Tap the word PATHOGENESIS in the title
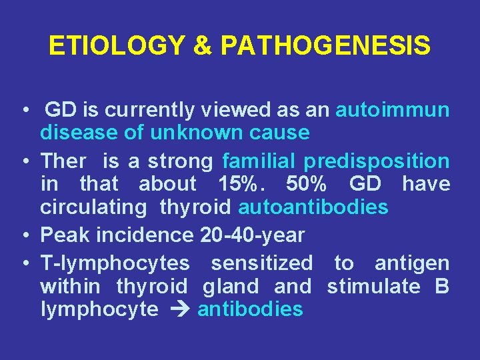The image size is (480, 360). [x=325, y=47]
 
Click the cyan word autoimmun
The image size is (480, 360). [x=392, y=110]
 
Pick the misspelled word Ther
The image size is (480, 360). [x=63, y=161]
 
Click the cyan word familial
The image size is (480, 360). [x=259, y=161]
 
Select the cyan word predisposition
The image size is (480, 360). [x=377, y=161]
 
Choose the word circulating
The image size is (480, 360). [x=93, y=207]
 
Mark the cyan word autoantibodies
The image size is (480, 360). [x=313, y=207]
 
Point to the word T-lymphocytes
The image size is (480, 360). [x=115, y=263]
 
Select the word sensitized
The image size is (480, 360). [x=261, y=263]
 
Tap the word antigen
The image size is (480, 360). [x=412, y=263]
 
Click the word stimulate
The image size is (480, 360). [x=374, y=287]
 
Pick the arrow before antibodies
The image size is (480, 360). [x=179, y=310]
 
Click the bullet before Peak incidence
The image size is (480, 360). [x=24, y=235]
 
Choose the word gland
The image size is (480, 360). [x=231, y=287]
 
